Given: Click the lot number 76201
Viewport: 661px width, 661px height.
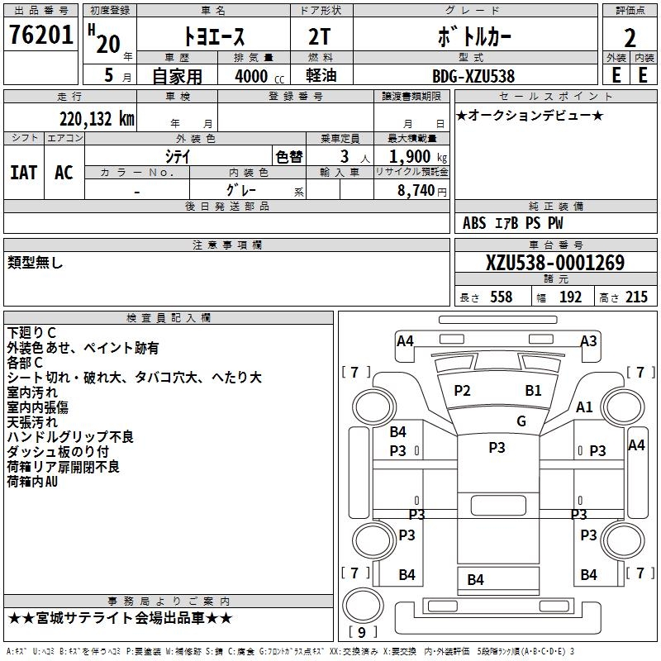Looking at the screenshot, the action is [40, 36].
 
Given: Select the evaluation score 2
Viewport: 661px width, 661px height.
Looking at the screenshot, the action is [630, 38].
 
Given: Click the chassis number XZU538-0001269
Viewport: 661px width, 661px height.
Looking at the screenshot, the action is [555, 264].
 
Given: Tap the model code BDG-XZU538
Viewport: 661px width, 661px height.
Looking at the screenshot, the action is [474, 75].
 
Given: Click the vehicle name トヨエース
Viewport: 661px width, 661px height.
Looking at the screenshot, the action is [213, 38].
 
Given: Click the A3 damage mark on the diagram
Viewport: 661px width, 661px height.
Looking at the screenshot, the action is [588, 340].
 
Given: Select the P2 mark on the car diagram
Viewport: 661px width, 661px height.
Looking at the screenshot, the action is [462, 391].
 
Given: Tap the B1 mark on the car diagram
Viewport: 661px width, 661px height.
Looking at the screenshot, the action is [533, 391].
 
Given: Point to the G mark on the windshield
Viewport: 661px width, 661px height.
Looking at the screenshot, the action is [521, 421].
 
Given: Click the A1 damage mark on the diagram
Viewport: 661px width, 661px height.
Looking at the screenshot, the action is [584, 407].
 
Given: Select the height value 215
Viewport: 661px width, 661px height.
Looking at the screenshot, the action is [636, 297].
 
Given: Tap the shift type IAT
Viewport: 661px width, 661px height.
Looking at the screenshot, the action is [23, 172].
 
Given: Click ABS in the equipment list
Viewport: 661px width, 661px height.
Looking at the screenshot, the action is [474, 223].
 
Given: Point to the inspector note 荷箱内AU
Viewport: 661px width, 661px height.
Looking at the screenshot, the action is [33, 482].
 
